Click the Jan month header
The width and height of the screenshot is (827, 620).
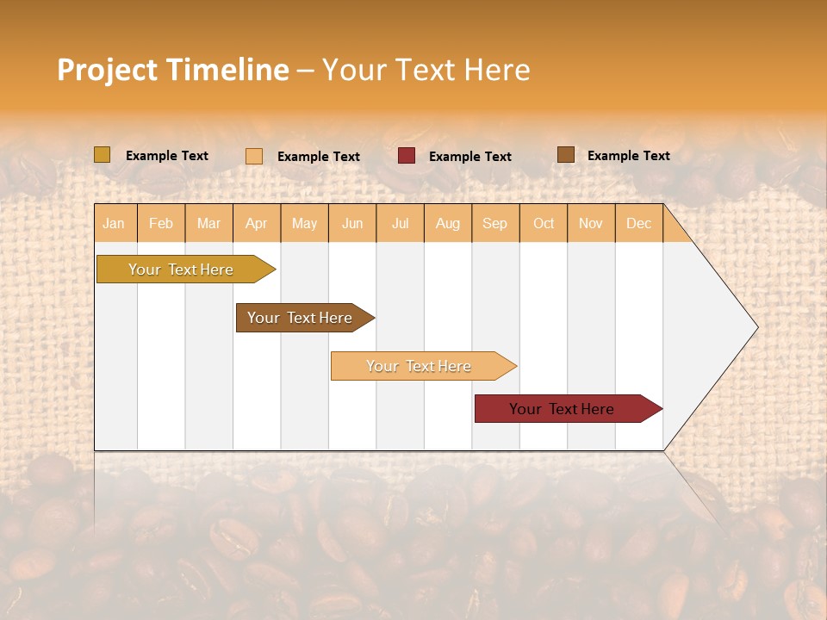pyautogui.click(x=114, y=223)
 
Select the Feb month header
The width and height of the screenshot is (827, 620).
pyautogui.click(x=161, y=223)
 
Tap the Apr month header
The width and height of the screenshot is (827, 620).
pyautogui.click(x=257, y=223)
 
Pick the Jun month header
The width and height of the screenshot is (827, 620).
pyautogui.click(x=352, y=223)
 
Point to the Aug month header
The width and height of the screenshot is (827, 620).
pyautogui.click(x=448, y=223)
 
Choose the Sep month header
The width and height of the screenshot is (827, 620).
pyautogui.click(x=494, y=223)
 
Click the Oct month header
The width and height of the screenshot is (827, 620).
pyautogui.click(x=544, y=223)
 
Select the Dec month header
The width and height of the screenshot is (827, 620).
pyautogui.click(x=639, y=223)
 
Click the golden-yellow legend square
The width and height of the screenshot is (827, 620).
pyautogui.click(x=103, y=155)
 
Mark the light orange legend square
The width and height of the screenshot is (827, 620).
pyautogui.click(x=254, y=156)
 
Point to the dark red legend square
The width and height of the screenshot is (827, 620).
pyautogui.click(x=407, y=156)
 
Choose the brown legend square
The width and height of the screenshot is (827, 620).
pyautogui.click(x=565, y=155)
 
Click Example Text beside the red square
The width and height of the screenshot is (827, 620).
pyautogui.click(x=469, y=157)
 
